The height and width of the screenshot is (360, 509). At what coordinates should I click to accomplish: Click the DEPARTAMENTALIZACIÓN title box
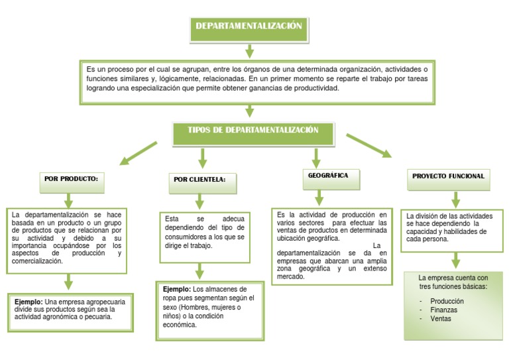click(x=249, y=27)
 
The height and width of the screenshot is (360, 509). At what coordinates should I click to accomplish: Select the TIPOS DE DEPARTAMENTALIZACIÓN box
click(x=253, y=131)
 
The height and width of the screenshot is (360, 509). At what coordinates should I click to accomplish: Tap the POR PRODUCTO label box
click(x=71, y=179)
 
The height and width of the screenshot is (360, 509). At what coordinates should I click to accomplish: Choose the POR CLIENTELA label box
click(x=199, y=180)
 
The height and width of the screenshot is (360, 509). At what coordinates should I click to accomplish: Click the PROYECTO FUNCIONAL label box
click(x=449, y=176)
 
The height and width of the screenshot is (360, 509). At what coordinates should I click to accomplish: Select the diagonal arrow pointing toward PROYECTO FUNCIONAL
click(x=368, y=145)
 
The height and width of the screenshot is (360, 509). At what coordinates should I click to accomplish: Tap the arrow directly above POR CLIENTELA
click(x=203, y=158)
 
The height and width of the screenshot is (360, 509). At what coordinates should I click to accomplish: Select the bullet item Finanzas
click(x=443, y=310)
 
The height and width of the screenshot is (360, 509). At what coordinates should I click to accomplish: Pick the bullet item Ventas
click(x=441, y=318)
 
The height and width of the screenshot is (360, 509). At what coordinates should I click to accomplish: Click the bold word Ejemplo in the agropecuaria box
click(x=28, y=302)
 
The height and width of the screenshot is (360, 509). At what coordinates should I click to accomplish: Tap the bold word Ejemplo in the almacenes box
click(x=176, y=290)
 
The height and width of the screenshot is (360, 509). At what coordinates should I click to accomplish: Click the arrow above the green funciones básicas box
click(x=455, y=259)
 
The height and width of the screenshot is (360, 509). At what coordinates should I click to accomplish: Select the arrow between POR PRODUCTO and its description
click(x=68, y=200)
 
